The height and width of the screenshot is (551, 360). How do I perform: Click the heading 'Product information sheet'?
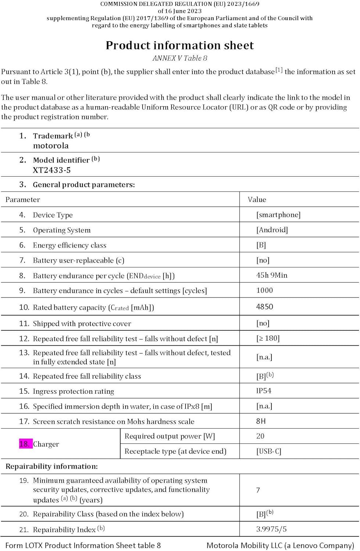[180, 45]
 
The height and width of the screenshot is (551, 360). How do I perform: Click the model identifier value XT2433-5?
[51, 170]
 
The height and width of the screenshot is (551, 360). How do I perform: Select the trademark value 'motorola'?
[51, 145]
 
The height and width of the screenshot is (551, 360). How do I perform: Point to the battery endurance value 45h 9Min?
[271, 275]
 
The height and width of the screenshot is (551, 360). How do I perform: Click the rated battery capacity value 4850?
[264, 307]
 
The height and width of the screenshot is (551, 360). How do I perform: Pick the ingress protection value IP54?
[263, 391]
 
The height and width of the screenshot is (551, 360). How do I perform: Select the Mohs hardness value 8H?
[260, 421]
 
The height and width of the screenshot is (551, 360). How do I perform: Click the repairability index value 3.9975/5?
[271, 529]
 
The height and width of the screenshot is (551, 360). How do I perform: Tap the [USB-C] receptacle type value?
[269, 451]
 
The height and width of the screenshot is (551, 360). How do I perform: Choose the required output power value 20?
[260, 436]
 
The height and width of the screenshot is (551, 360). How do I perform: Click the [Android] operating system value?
[272, 230]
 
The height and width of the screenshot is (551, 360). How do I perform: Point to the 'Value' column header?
[257, 199]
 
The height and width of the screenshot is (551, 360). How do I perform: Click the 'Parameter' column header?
[23, 199]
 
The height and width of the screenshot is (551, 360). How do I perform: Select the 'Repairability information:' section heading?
[51, 467]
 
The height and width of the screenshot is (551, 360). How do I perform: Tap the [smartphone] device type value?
[278, 215]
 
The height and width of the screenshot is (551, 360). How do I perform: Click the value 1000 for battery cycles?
[264, 291]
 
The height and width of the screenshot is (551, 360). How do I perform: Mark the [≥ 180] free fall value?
[268, 338]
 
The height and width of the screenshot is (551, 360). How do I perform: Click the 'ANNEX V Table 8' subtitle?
[180, 58]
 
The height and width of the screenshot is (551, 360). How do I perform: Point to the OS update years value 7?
[258, 490]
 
